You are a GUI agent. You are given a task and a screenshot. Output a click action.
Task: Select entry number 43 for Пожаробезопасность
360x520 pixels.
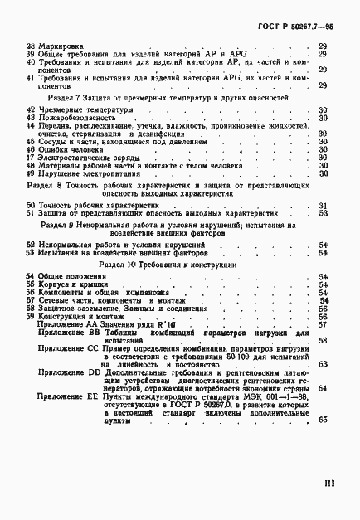30,118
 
